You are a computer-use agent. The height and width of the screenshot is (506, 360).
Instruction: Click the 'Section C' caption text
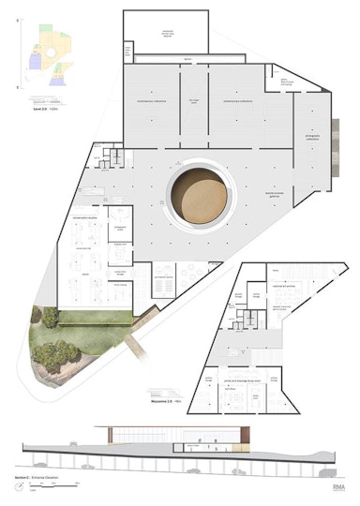pos(31,476)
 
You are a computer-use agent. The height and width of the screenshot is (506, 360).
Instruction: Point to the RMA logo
pos(338,486)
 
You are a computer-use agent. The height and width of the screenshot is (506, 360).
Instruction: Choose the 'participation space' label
pos(162,277)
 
